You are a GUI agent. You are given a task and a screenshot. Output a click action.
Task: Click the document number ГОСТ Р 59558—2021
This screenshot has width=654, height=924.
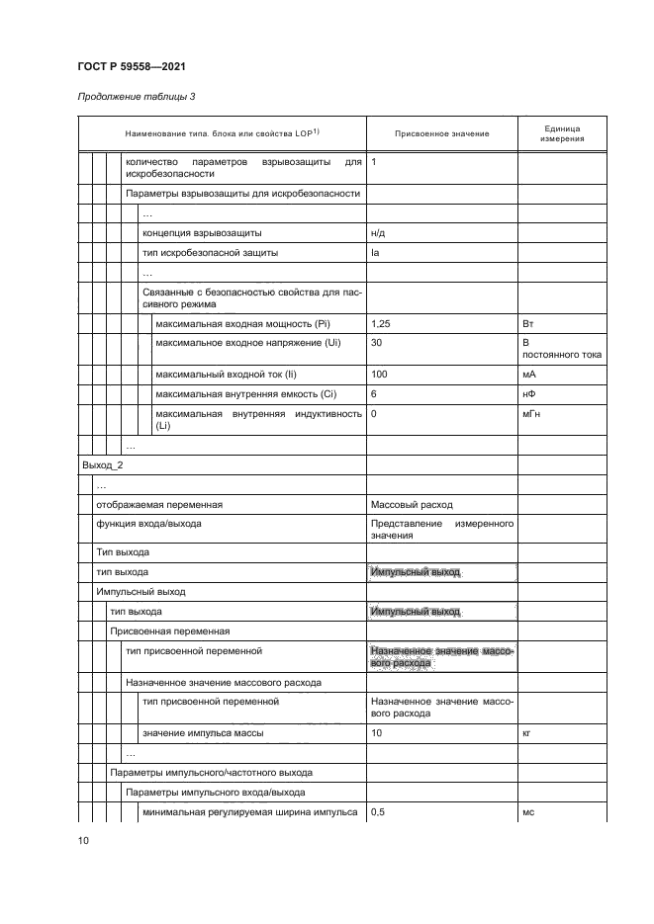132,66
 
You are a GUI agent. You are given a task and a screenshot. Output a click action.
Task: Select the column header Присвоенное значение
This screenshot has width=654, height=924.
441,134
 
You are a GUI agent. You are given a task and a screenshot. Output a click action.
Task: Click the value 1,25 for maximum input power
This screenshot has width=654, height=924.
380,323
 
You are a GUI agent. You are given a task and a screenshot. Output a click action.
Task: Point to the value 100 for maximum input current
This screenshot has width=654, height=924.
378,375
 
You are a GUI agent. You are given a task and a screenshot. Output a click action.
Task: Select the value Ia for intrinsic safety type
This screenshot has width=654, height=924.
374,252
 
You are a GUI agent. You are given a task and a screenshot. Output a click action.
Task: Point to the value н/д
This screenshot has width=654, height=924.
376,233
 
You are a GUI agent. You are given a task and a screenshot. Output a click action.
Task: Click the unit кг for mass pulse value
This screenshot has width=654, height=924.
526,733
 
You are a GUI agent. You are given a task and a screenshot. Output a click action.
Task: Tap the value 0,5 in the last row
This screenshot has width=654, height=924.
377,811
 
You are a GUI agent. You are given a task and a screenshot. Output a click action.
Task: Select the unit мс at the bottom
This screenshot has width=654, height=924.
526,811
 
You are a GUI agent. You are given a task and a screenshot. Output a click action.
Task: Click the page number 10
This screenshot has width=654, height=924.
83,841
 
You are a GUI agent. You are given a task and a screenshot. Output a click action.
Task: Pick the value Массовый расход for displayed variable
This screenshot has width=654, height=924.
412,504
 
